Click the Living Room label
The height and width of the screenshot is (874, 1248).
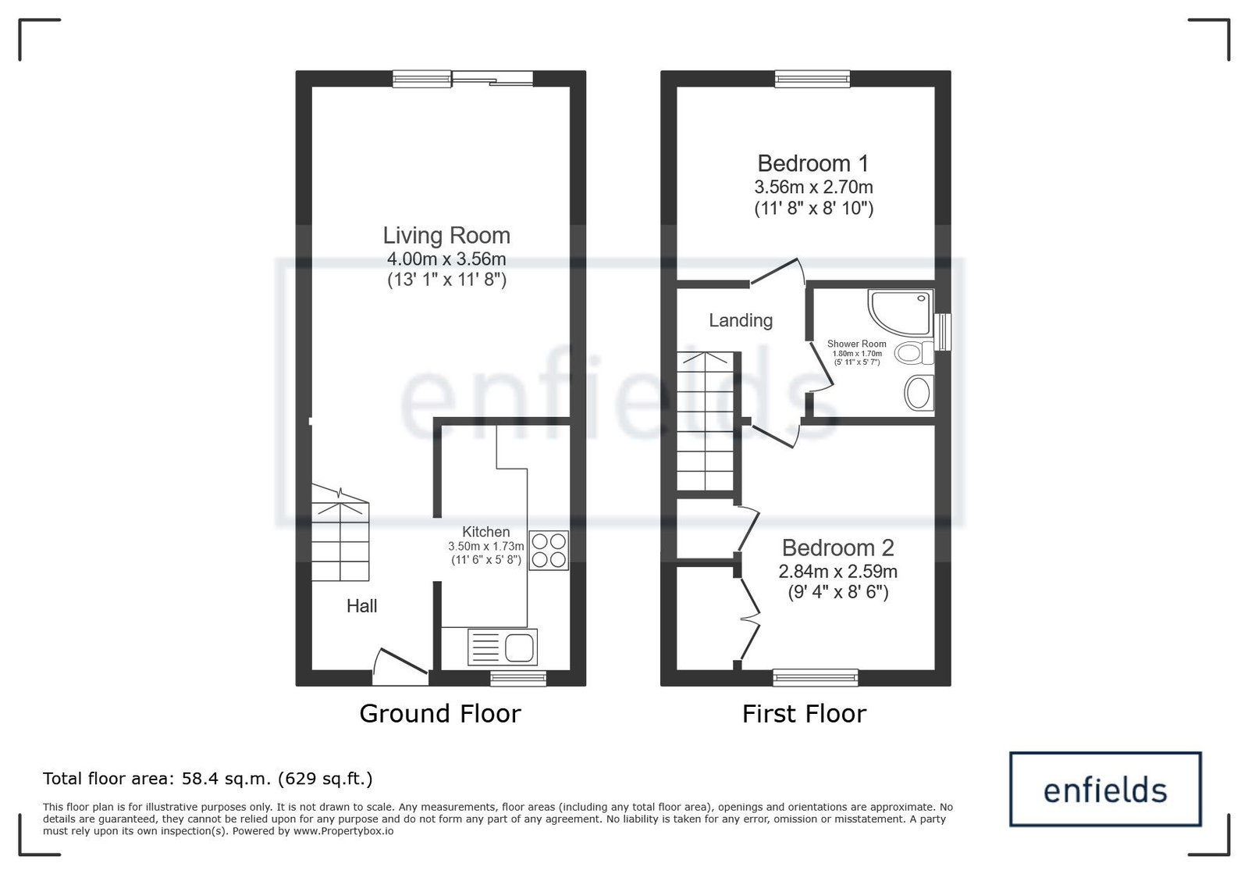pyautogui.click(x=446, y=235)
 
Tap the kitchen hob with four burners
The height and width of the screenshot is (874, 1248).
pyautogui.click(x=548, y=550)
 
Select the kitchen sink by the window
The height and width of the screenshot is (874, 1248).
pyautogui.click(x=503, y=647)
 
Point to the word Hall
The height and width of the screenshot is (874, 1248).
pyautogui.click(x=361, y=606)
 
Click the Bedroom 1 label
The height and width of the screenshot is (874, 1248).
pyautogui.click(x=812, y=163)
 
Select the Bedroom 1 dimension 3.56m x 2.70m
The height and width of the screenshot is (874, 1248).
pyautogui.click(x=813, y=187)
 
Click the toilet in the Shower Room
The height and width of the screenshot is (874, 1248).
pyautogui.click(x=914, y=353)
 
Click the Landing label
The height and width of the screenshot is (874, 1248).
pyautogui.click(x=741, y=320)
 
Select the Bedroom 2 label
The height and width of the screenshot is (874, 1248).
pyautogui.click(x=838, y=548)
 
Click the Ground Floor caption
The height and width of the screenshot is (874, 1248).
pyautogui.click(x=440, y=713)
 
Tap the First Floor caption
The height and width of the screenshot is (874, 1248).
pyautogui.click(x=804, y=713)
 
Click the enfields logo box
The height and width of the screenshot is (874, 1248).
pyautogui.click(x=1105, y=789)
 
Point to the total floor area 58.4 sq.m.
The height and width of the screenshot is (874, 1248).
pyautogui.click(x=208, y=778)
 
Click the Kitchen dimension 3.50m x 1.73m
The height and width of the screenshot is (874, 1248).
pyautogui.click(x=485, y=546)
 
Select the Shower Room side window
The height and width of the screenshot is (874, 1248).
pyautogui.click(x=943, y=332)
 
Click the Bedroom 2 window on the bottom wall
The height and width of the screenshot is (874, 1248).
pyautogui.click(x=815, y=677)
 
